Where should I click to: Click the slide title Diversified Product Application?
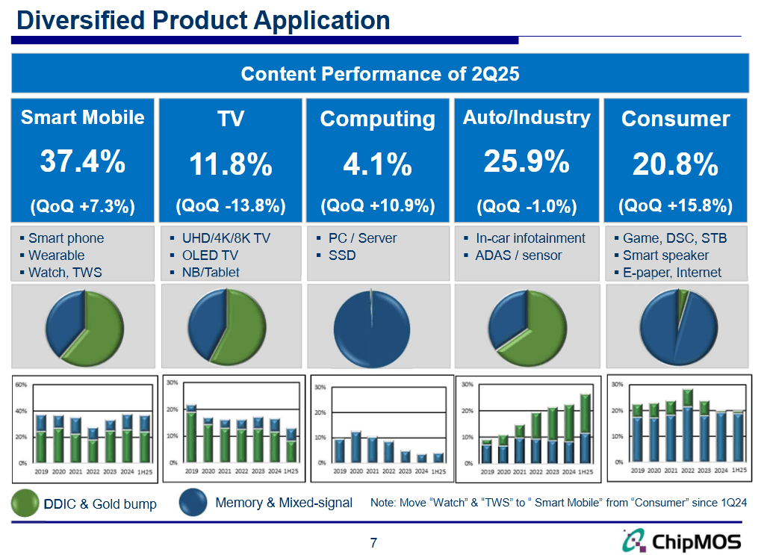(203, 20)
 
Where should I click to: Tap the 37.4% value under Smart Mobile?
(82, 161)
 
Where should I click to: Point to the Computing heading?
(377, 119)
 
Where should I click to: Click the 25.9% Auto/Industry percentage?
(527, 161)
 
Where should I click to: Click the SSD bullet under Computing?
(342, 255)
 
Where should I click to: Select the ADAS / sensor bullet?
(518, 255)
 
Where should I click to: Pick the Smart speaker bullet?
(665, 255)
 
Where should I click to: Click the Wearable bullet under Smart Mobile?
(56, 255)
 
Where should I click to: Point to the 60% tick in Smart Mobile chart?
(21, 385)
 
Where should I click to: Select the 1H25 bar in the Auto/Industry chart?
(586, 430)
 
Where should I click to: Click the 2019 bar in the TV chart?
(192, 434)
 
